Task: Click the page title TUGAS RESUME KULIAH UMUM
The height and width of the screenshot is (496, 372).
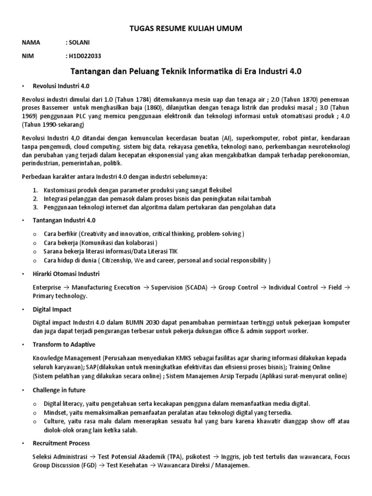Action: pos(186,30)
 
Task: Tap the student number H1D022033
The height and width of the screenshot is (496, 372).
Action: pos(85,56)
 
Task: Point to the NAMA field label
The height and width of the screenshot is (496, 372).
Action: pos(31,43)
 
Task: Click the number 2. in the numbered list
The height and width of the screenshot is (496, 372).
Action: pos(36,199)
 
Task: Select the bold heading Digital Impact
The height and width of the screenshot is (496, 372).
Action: pos(52,309)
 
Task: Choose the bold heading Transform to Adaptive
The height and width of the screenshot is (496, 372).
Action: pos(64,344)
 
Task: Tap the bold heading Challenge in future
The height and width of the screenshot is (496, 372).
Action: pos(59,390)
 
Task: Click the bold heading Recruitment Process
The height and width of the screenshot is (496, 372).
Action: pos(61,443)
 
